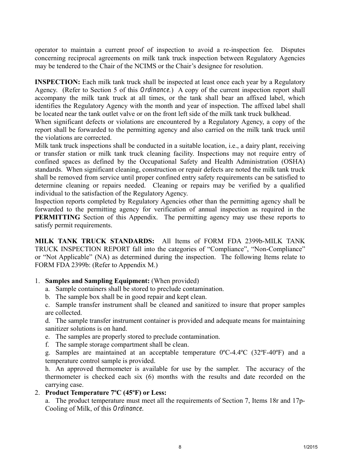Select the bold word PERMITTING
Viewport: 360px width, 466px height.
57,217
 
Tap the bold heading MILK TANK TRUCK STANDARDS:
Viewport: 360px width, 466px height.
94,241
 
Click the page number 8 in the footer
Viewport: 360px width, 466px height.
180,447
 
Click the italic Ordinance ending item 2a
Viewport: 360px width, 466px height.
128,408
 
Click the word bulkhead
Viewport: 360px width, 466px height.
278,114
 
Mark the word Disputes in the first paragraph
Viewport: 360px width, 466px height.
291,50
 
